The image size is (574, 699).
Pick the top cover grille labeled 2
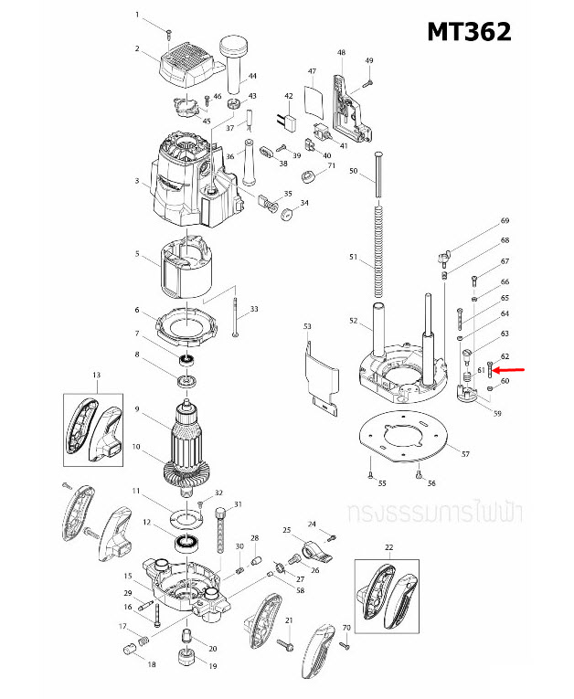click(x=188, y=65)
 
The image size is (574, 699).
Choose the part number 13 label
click(x=96, y=375)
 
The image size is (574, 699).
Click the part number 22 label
click(x=388, y=547)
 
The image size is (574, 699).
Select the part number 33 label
click(x=254, y=310)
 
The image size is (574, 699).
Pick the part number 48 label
click(x=341, y=53)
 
